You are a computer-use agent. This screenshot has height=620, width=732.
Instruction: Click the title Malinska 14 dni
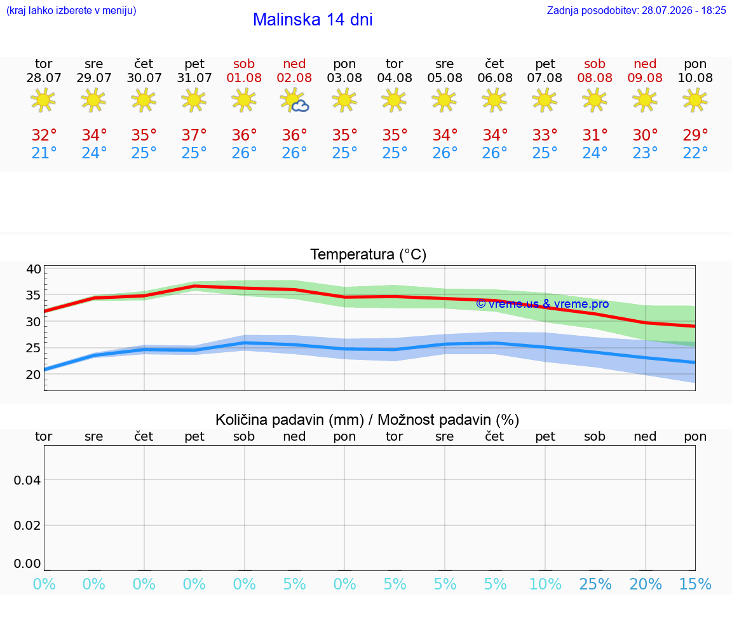[313, 20]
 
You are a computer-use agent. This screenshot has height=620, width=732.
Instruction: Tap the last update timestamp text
[636, 11]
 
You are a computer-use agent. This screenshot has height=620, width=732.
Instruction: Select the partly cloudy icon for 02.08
[294, 100]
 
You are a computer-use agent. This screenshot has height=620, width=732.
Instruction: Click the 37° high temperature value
[194, 135]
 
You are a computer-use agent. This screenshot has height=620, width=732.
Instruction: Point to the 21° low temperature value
[44, 153]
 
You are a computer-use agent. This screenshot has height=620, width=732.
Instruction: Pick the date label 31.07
[194, 78]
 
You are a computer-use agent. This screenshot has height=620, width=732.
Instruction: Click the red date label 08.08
[595, 78]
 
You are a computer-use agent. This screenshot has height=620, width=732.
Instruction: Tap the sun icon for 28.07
[43, 100]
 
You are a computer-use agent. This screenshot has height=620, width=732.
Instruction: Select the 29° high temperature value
[695, 135]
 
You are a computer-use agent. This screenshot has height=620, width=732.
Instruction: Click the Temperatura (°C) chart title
[369, 254]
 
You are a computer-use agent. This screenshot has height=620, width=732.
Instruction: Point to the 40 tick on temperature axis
[34, 269]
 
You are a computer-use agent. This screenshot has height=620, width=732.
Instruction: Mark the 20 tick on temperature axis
[34, 375]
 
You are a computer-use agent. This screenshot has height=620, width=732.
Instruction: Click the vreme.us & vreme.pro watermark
[543, 304]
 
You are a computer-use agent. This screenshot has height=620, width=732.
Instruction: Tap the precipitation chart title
[367, 420]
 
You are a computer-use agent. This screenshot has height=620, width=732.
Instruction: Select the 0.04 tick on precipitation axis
[27, 480]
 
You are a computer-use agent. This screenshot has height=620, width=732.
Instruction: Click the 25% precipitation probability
[595, 584]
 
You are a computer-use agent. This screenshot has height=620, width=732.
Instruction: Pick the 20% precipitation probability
[646, 584]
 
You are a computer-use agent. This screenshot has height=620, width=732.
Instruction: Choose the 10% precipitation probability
[545, 584]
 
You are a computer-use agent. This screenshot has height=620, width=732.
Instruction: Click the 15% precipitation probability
[695, 584]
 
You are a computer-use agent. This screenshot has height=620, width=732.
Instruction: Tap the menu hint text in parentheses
[71, 11]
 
